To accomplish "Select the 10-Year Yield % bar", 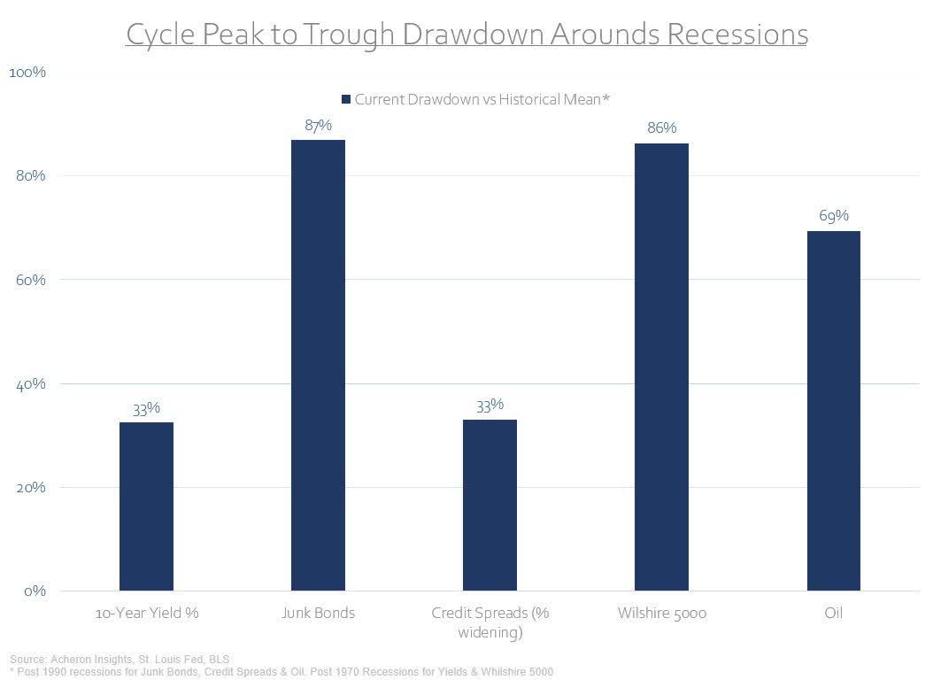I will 146,506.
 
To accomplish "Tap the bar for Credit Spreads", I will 490,505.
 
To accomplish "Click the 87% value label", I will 318,126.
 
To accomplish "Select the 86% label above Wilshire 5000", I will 661,128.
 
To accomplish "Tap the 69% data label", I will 833,216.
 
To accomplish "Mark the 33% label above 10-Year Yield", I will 146,408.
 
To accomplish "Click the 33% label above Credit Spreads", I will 490,405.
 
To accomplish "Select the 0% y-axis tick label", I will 33,591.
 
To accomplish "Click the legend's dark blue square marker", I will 346,99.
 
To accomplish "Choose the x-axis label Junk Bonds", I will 318,613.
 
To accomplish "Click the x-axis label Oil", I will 833,613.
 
